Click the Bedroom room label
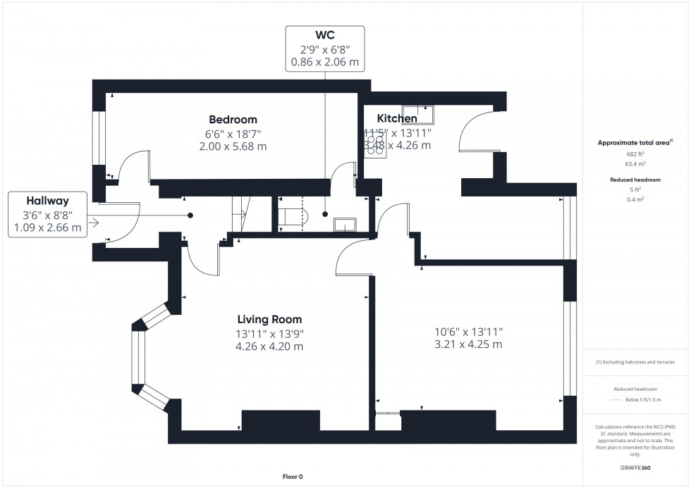[233, 120]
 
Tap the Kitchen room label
[396, 118]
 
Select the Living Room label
[269, 320]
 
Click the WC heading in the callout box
[324, 35]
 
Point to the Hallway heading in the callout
[47, 200]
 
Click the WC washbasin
[345, 225]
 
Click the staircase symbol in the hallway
[241, 213]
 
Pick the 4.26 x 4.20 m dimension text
[269, 346]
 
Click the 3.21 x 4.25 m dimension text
[468, 344]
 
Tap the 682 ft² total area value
[635, 154]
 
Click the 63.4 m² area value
[635, 163]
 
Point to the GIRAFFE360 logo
[635, 468]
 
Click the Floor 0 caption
[288, 477]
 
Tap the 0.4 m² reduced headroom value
[635, 199]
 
